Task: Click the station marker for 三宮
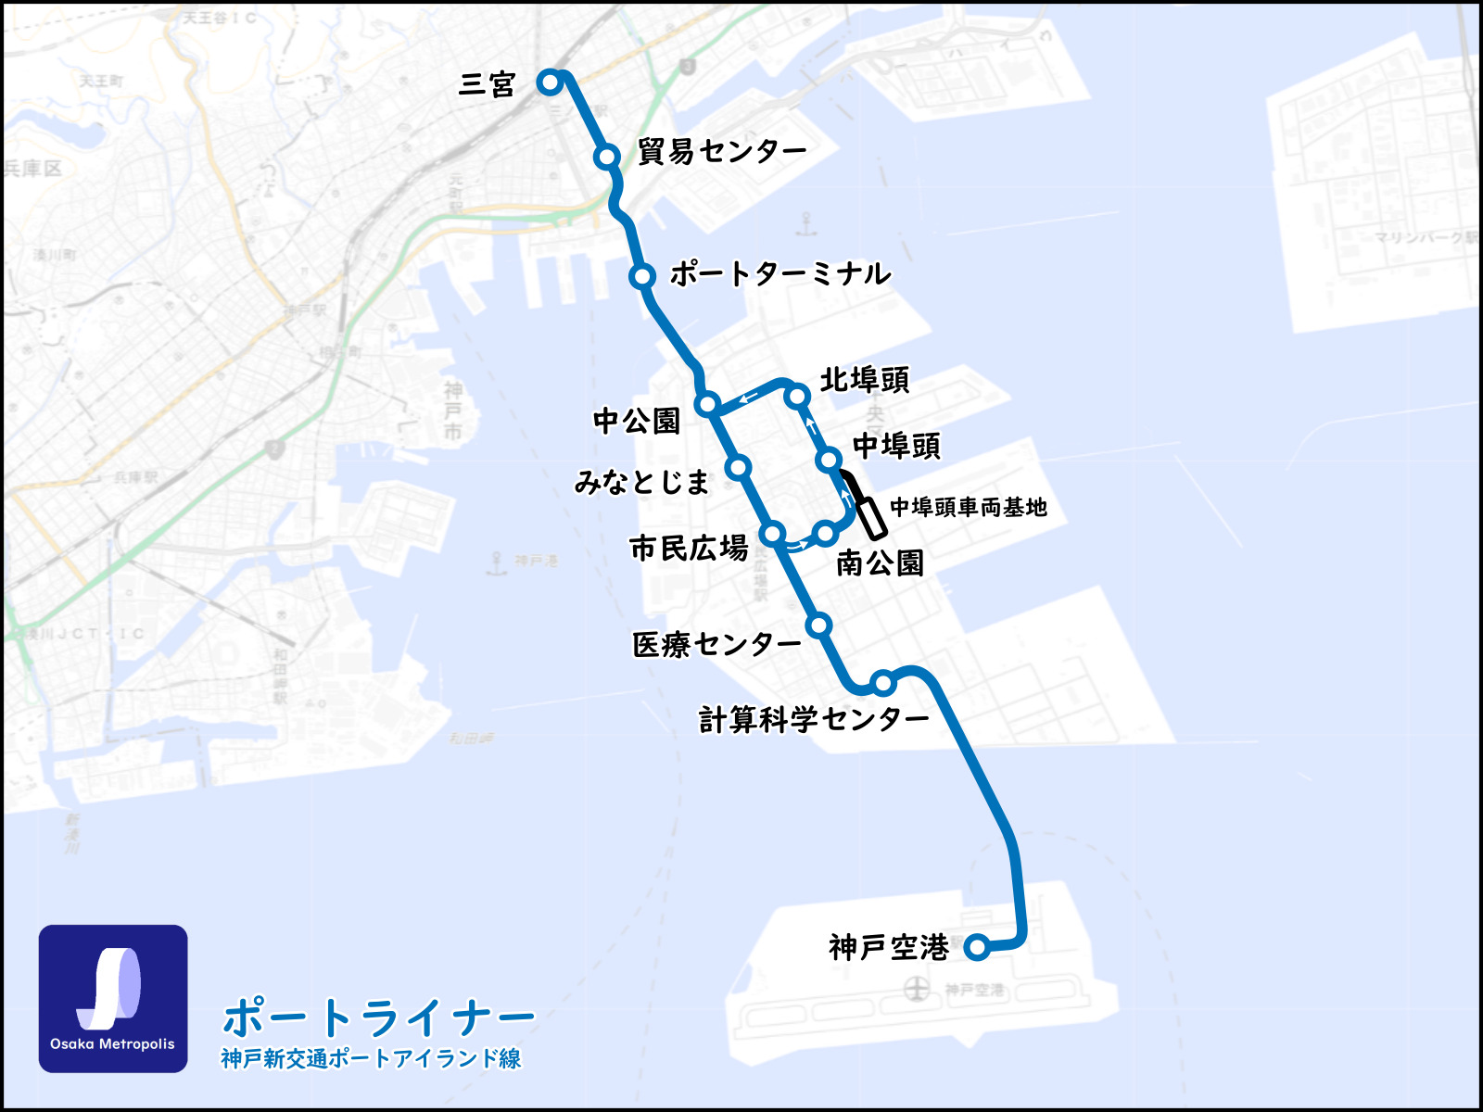(x=550, y=82)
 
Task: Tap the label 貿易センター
(x=721, y=151)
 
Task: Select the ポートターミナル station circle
(x=641, y=276)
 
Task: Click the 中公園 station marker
(x=708, y=403)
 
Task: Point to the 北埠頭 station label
(x=864, y=380)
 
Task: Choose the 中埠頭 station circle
(x=830, y=459)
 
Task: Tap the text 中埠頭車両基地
(x=968, y=507)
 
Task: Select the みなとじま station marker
(x=739, y=466)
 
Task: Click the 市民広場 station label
(x=688, y=549)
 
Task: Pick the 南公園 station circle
(x=826, y=533)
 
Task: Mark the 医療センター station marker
(x=818, y=625)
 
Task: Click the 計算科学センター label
(x=813, y=719)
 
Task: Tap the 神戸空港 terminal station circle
(x=976, y=946)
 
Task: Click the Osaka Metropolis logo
(x=113, y=998)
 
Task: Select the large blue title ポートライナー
(x=378, y=1017)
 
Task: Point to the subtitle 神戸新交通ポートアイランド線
(x=371, y=1058)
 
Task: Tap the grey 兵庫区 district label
(x=33, y=169)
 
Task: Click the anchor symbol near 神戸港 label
(x=498, y=561)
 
